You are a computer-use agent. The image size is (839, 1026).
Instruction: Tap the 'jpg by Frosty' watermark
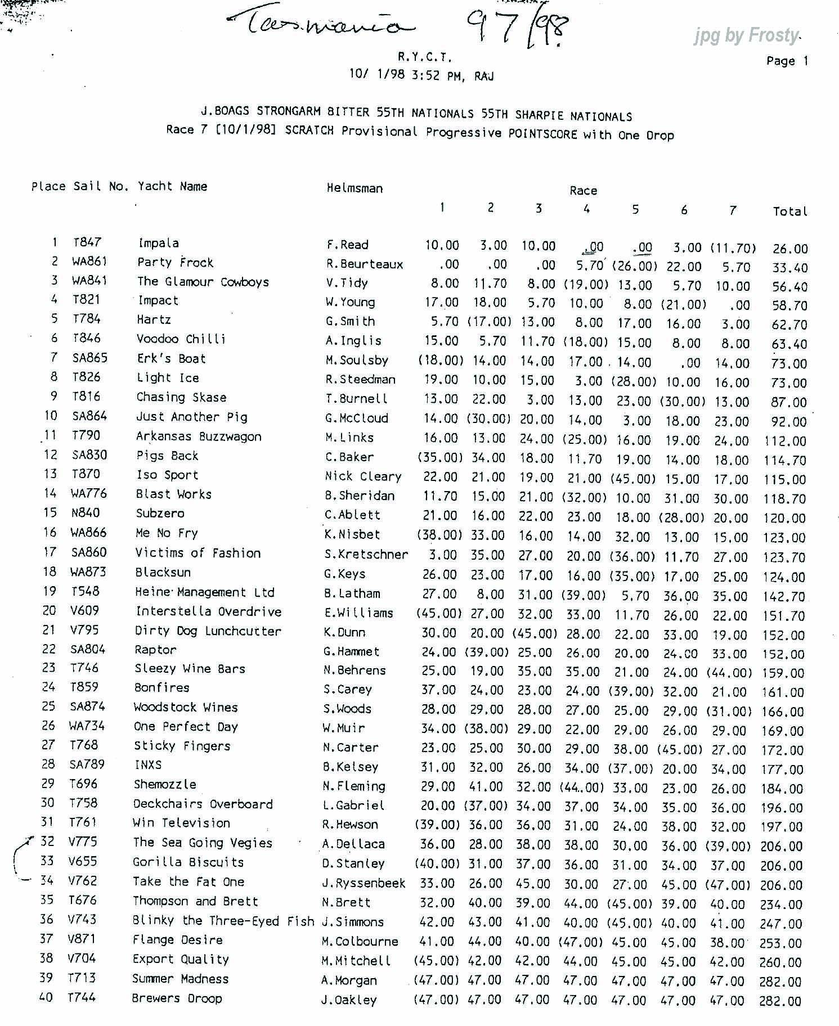click(746, 36)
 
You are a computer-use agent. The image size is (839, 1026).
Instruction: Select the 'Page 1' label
click(787, 61)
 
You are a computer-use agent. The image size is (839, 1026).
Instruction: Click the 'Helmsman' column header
click(355, 188)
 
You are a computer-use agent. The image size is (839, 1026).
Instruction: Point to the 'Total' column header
click(790, 211)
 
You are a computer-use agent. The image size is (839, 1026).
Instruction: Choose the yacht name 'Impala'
click(159, 243)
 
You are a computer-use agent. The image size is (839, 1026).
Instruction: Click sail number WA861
click(89, 262)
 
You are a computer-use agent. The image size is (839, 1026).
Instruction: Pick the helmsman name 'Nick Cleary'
click(363, 476)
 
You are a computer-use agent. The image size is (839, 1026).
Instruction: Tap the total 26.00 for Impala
click(789, 249)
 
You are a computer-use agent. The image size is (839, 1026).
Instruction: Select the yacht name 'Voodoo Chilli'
click(181, 339)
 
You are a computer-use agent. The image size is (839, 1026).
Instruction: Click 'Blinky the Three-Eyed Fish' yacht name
click(223, 920)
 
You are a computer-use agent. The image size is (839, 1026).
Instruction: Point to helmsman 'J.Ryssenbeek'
click(364, 883)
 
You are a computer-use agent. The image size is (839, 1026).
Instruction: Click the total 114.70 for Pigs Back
click(785, 460)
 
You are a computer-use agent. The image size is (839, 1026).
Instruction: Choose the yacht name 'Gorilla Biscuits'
click(188, 862)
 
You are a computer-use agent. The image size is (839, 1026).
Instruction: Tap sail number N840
click(86, 512)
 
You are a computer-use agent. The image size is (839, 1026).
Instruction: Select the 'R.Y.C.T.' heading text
click(424, 57)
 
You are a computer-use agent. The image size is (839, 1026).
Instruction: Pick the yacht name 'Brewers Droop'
click(177, 998)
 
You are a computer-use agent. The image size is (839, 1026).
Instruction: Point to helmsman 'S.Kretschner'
click(366, 554)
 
